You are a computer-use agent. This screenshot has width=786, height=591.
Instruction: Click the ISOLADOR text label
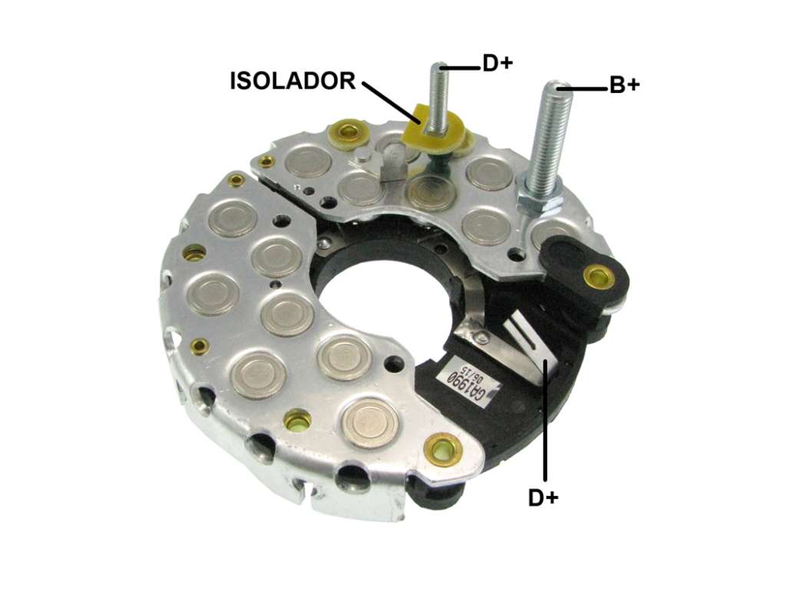292,81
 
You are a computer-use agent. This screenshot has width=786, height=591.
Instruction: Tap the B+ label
624,86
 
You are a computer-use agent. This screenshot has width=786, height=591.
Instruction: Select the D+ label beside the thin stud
497,64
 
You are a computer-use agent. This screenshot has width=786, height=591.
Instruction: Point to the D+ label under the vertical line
543,498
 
